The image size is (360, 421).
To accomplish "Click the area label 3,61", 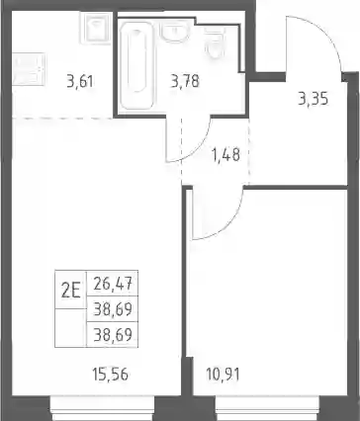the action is pyautogui.click(x=80, y=81).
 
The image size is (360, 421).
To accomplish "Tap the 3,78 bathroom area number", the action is pyautogui.click(x=185, y=81).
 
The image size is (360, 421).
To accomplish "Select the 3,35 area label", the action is pyautogui.click(x=314, y=99).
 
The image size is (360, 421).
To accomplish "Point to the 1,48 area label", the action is pyautogui.click(x=226, y=155).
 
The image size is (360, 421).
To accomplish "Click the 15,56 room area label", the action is pyautogui.click(x=111, y=375).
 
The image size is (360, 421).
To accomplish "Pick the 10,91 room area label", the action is pyautogui.click(x=223, y=375).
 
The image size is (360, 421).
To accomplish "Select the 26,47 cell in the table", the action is pyautogui.click(x=113, y=284).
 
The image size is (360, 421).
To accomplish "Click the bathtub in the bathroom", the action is pyautogui.click(x=136, y=65).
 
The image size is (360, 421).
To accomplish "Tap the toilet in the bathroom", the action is pyautogui.click(x=215, y=42).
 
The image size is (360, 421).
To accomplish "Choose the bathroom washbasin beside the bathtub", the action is pyautogui.click(x=175, y=33).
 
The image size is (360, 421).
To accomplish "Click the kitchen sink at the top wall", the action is pyautogui.click(x=96, y=28).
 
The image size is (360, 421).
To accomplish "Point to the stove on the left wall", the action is pyautogui.click(x=29, y=69).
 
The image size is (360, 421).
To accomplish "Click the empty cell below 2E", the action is pyautogui.click(x=70, y=328).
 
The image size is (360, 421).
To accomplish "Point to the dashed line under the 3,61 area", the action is pyautogui.click(x=62, y=118).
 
